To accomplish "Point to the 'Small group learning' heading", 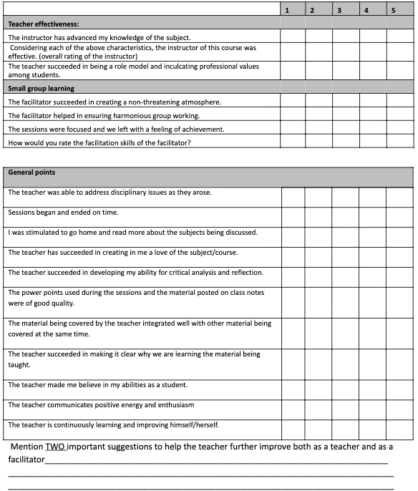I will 41,88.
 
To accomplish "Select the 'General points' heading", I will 31,172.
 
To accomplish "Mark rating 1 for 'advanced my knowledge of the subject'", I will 292,37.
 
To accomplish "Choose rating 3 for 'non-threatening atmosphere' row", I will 346,102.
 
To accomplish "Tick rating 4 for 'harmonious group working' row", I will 373,115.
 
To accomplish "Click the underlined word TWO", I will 56,447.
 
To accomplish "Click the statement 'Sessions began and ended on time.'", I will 63,213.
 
